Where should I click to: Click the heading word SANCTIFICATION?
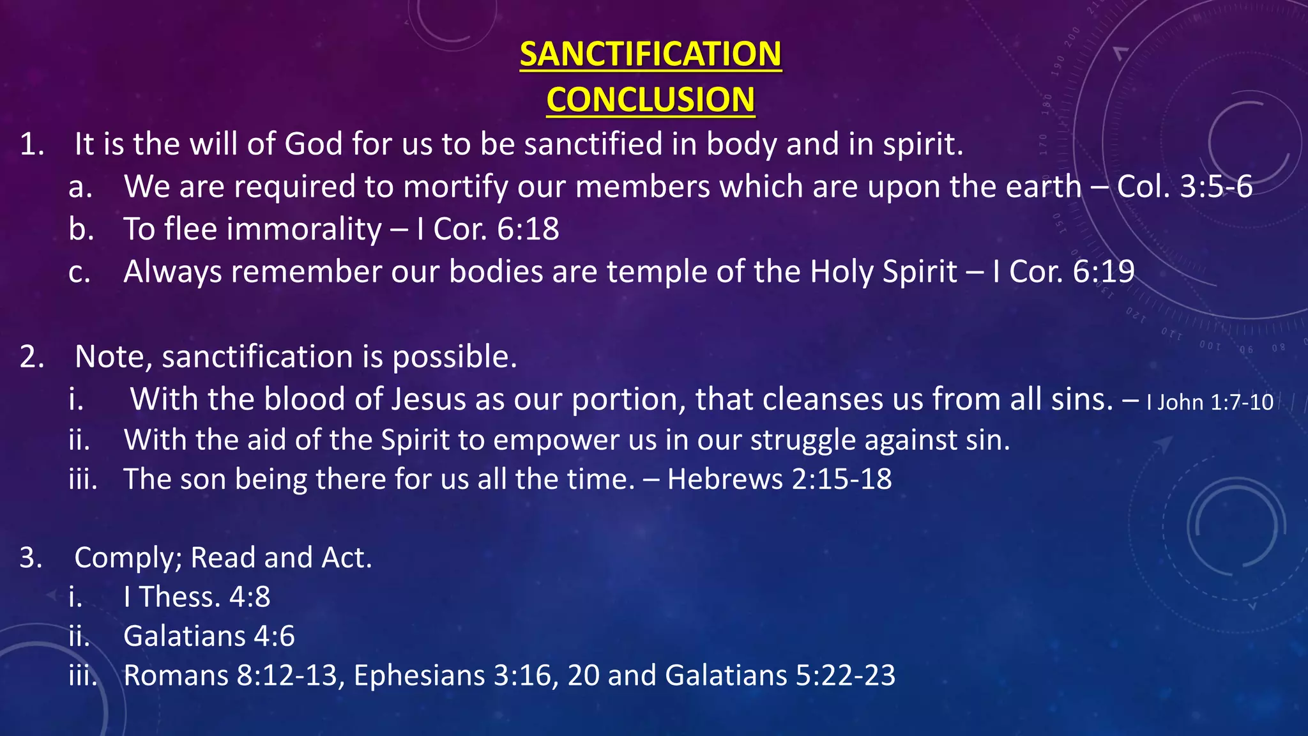pyautogui.click(x=650, y=54)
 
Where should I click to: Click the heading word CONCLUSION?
pyautogui.click(x=650, y=100)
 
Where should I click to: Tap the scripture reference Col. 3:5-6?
pyautogui.click(x=1184, y=187)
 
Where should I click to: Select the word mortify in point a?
pyautogui.click(x=455, y=187)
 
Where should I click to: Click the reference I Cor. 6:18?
pyautogui.click(x=488, y=229)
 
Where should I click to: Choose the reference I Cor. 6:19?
pyautogui.click(x=1063, y=272)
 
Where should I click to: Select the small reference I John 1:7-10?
pyautogui.click(x=1210, y=402)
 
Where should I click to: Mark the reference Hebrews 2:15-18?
pyautogui.click(x=779, y=479)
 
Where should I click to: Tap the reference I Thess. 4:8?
pyautogui.click(x=197, y=597)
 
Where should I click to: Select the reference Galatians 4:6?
pyautogui.click(x=209, y=636)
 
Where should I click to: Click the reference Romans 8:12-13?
pyautogui.click(x=230, y=675)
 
